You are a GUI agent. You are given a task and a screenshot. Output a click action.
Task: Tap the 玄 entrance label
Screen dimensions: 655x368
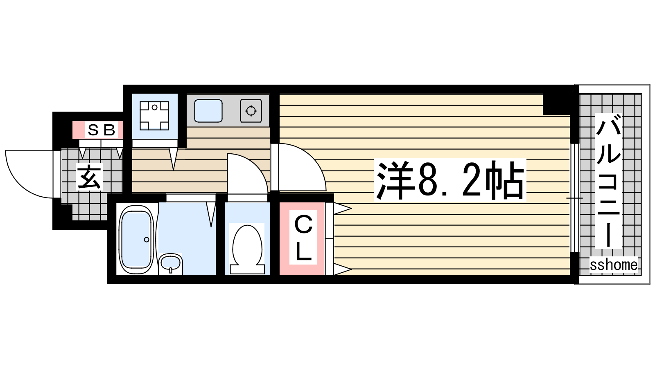pos(90,176)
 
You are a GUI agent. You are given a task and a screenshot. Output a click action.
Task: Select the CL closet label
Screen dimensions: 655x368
pos(303,237)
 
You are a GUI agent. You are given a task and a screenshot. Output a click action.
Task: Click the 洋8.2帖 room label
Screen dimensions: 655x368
pos(450,180)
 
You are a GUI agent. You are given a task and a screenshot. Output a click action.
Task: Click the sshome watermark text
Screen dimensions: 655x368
pos(614,265)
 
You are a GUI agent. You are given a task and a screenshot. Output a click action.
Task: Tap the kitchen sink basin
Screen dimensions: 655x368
pos(208,111)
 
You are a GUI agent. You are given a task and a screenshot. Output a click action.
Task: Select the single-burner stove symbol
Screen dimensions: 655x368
pos(251,111)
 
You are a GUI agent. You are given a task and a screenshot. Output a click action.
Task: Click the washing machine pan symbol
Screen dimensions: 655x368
pos(154,116)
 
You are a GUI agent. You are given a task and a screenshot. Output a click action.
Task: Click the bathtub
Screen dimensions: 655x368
pos(137,240)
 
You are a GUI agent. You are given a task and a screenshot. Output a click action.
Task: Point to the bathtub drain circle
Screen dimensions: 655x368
pos(147,240)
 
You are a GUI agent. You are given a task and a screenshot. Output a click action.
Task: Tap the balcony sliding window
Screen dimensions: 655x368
pos(575,198)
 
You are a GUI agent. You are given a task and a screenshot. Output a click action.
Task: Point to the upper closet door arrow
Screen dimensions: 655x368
pos(342,209)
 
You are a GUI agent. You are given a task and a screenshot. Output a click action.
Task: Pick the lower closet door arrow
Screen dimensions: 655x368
pos(342,269)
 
